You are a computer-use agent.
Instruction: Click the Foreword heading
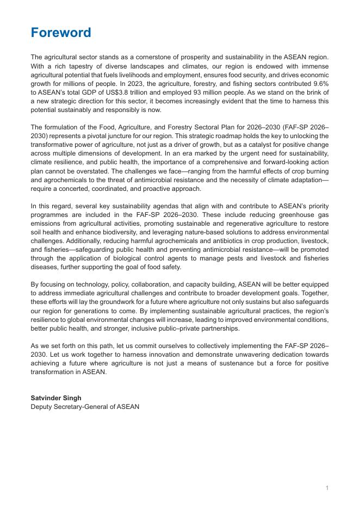pos(61,33)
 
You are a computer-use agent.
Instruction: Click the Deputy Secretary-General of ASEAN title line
pos(85,406)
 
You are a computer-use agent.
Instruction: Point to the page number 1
pos(327,488)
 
